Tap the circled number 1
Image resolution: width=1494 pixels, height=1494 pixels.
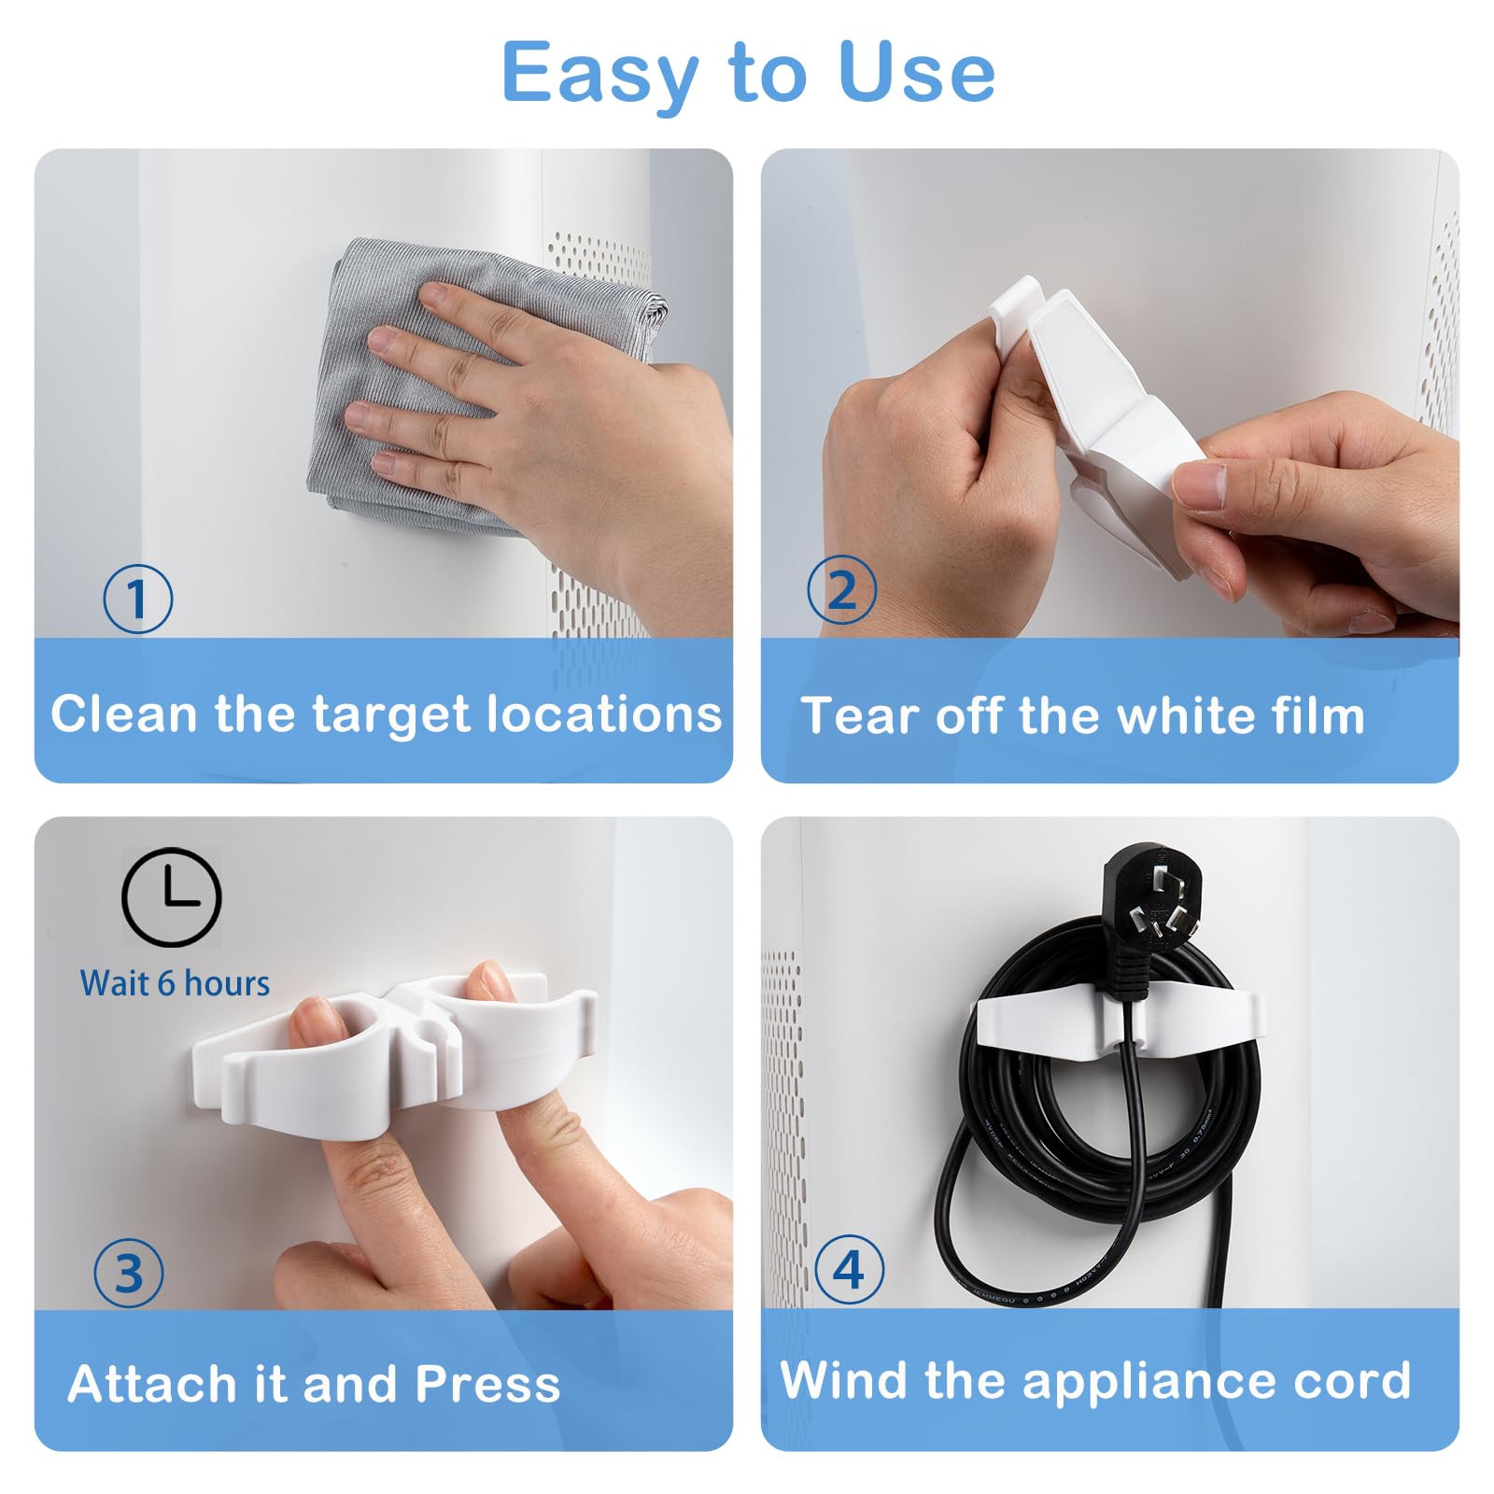point(137,599)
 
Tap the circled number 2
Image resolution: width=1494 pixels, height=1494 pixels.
point(841,590)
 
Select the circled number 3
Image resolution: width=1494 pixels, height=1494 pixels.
point(129,1273)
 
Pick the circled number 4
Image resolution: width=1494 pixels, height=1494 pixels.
point(849,1269)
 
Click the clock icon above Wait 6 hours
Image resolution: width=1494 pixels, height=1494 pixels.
point(171,897)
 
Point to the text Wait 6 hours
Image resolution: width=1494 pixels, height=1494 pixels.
point(175,983)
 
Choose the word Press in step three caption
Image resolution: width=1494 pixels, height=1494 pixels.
point(487,1384)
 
